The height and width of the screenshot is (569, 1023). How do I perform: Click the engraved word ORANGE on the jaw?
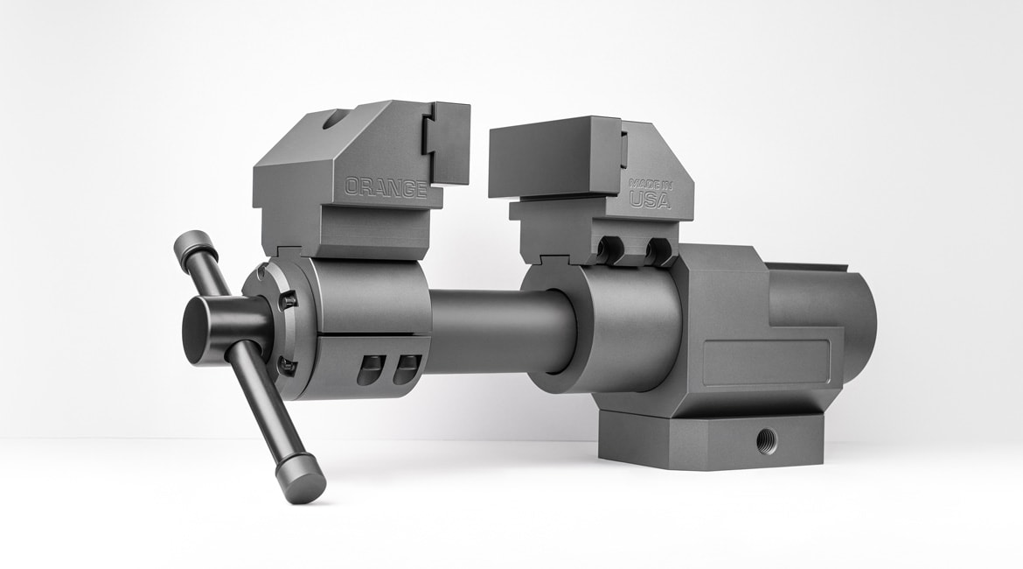tap(386, 188)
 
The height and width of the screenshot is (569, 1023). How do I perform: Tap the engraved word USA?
tap(650, 200)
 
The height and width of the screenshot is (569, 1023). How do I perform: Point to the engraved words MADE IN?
tap(651, 183)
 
